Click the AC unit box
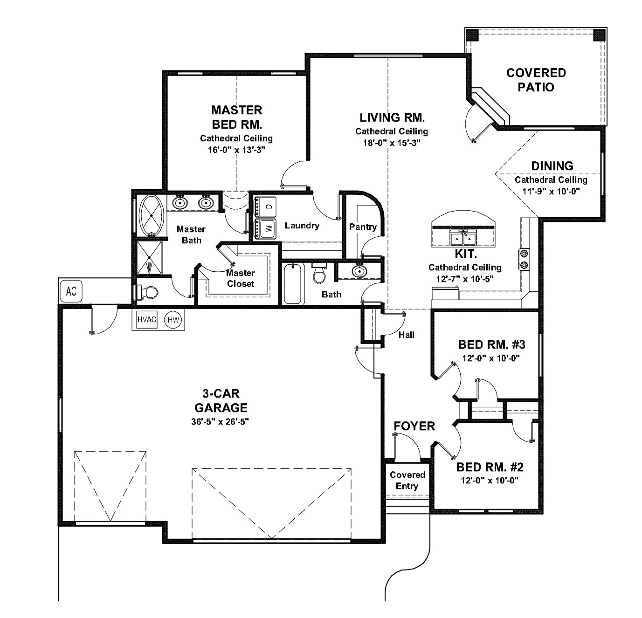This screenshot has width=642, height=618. coord(71,291)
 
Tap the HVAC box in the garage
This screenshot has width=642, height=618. coord(146,320)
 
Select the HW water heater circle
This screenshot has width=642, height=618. coord(173,320)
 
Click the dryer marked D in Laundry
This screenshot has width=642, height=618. coord(265,206)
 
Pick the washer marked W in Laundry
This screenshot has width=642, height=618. coord(265,228)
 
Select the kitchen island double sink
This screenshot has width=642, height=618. coord(463,238)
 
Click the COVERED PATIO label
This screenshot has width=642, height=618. coord(536,80)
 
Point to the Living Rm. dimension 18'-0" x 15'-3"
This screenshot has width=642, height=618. coord(391,143)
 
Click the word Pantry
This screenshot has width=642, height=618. coord(362,227)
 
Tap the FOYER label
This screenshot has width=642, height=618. coord(414,426)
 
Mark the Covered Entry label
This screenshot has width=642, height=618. coord(407,480)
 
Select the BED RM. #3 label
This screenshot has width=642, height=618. coord(491,344)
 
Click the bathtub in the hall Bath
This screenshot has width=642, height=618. coord(292,283)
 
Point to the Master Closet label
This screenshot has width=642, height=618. coord(241,278)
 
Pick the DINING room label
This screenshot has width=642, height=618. coord(552,166)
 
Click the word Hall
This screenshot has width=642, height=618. coord(406,335)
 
